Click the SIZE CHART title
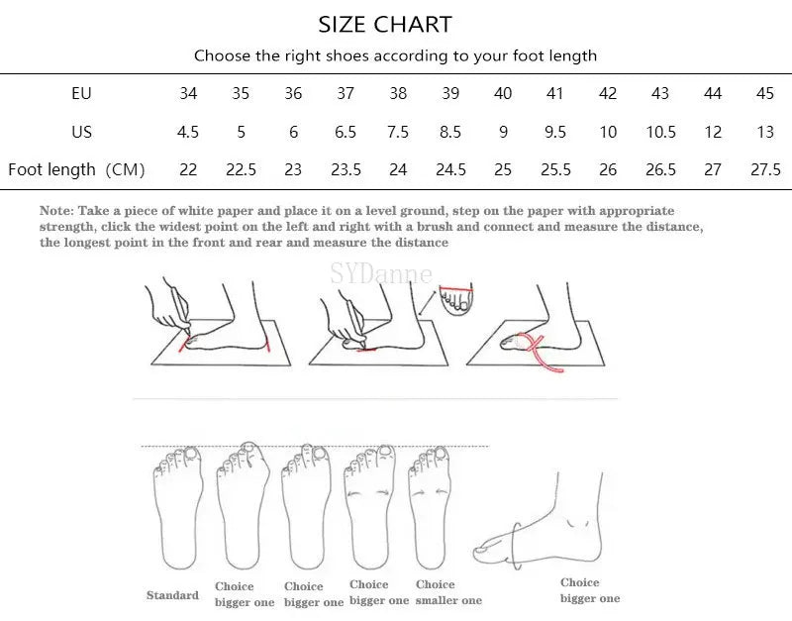[385, 24]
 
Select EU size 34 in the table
[188, 94]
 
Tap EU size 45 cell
[765, 94]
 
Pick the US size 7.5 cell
[398, 132]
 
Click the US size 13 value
[765, 132]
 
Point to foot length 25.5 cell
[555, 169]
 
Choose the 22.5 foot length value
[241, 169]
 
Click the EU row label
[81, 94]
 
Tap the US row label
[81, 132]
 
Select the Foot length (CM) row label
[76, 169]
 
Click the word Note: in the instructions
[55, 211]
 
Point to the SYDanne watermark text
[381, 273]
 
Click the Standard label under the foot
[172, 595]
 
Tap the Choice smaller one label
[448, 592]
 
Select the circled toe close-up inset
[457, 298]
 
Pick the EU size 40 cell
[503, 94]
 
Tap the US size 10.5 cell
[660, 132]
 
